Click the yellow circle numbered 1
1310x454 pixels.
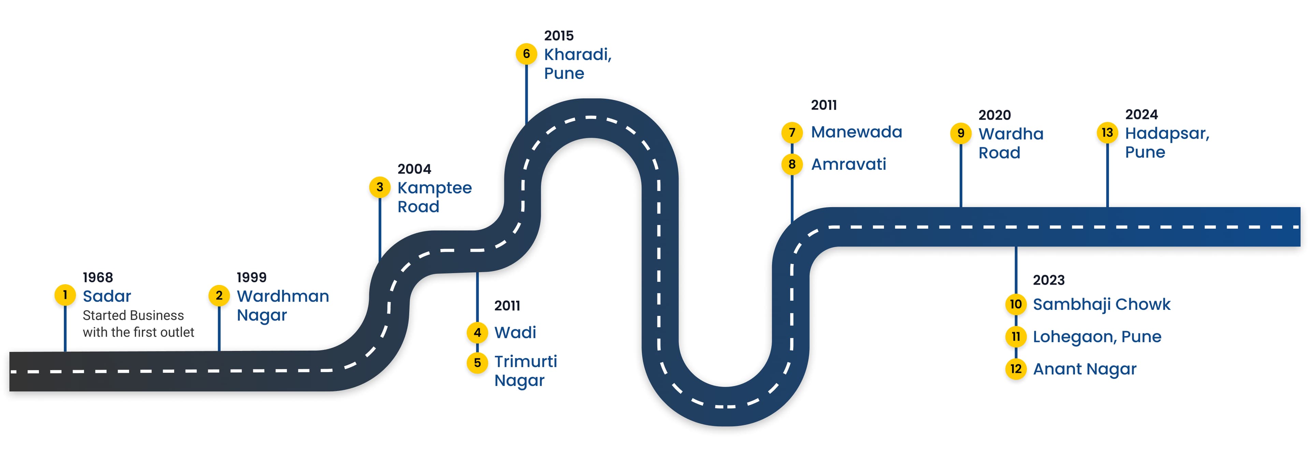click(x=65, y=295)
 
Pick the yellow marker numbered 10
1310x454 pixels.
click(x=1016, y=304)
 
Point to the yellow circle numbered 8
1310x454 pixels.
click(x=792, y=164)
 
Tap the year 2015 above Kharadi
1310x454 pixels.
click(x=558, y=36)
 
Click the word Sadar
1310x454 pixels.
click(x=107, y=296)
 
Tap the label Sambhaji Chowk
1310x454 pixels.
click(x=1102, y=304)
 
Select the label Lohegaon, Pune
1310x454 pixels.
click(x=1097, y=336)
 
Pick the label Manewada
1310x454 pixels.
click(x=856, y=132)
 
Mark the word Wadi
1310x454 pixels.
click(x=515, y=333)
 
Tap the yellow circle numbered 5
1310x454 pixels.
click(x=477, y=363)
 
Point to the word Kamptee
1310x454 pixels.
click(x=434, y=188)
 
